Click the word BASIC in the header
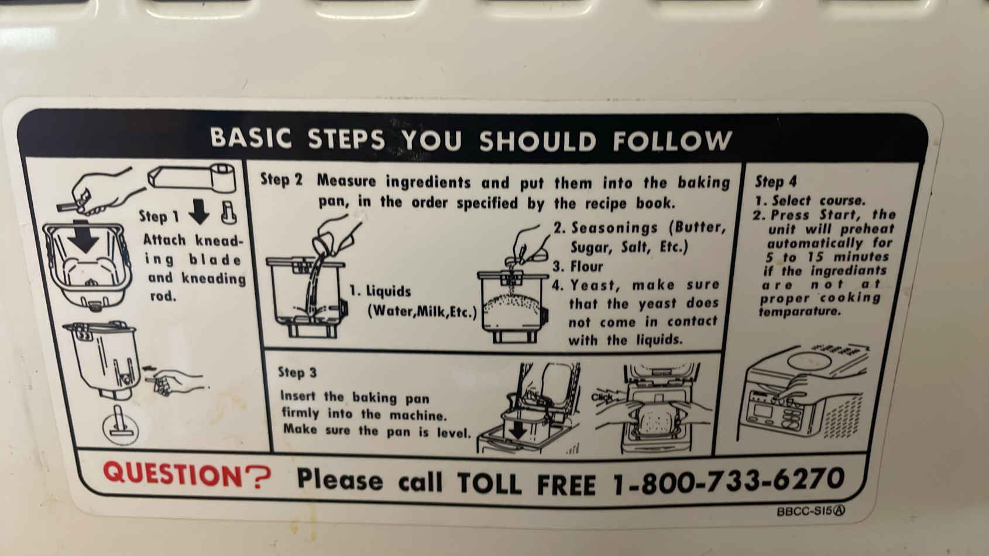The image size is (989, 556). (251, 138)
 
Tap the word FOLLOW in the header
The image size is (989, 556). (672, 141)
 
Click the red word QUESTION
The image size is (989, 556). (173, 474)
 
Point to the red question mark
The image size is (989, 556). (258, 478)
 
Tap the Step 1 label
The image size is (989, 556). (159, 217)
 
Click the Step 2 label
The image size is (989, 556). (281, 179)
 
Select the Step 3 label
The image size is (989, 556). (297, 372)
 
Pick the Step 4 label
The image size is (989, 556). (775, 181)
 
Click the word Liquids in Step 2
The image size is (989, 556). (389, 291)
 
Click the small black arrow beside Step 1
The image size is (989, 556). (199, 211)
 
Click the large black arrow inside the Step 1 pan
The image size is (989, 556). (84, 236)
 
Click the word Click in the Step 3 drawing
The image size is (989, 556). (602, 397)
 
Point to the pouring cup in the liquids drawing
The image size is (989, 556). (325, 242)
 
